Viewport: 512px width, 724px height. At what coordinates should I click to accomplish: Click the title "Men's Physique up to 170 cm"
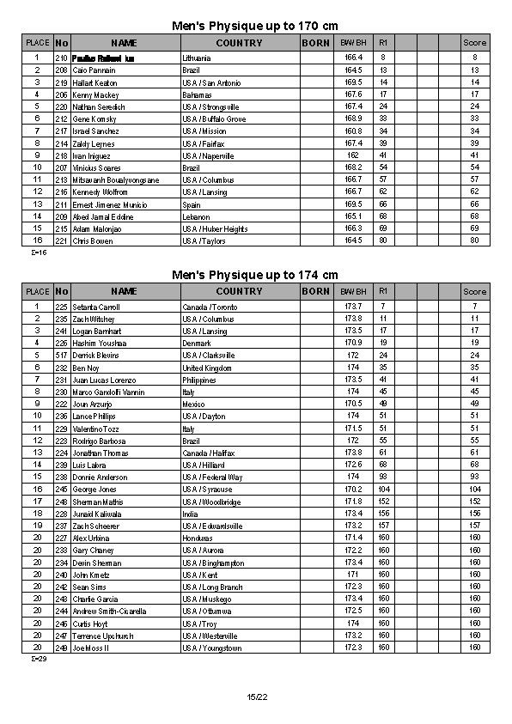(x=255, y=26)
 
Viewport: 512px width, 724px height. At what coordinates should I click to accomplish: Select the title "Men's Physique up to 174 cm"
(x=255, y=275)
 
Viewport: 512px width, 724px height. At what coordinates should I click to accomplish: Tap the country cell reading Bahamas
(x=197, y=94)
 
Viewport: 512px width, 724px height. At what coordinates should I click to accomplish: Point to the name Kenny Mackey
(x=94, y=94)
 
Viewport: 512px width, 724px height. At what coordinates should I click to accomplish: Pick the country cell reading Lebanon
(x=197, y=217)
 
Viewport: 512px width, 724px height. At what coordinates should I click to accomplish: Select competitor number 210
(x=61, y=58)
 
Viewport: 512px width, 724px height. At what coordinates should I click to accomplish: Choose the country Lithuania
(x=197, y=58)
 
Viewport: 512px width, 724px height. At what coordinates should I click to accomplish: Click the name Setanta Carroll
(x=95, y=307)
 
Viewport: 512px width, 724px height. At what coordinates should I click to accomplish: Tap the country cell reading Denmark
(x=197, y=343)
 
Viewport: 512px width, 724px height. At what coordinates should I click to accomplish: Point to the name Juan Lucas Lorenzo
(x=104, y=380)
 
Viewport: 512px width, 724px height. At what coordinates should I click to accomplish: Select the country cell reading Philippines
(x=199, y=380)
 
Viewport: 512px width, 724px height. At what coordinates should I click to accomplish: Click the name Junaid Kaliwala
(x=95, y=514)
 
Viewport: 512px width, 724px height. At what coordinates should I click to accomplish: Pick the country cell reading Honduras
(x=198, y=538)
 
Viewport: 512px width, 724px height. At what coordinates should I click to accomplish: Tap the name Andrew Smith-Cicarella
(x=110, y=611)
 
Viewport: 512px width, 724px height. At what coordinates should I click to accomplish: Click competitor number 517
(x=61, y=355)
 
